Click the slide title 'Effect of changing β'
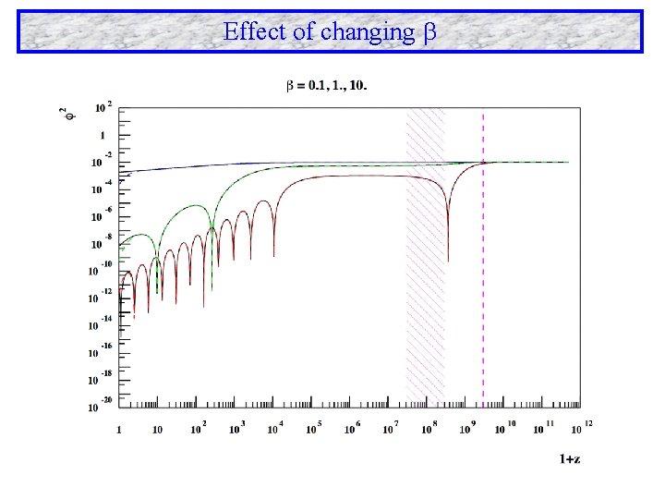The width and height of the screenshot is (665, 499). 329,31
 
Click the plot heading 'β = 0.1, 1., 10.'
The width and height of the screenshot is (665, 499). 326,86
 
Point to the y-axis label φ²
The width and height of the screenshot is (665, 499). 64,116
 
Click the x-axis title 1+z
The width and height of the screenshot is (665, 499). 570,458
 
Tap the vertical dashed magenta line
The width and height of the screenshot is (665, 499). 483,277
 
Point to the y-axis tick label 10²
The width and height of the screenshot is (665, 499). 103,108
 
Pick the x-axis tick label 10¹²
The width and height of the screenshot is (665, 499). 583,427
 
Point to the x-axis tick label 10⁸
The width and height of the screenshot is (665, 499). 429,428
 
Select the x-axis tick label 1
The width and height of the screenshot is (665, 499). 118,430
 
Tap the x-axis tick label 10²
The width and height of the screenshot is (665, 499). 197,428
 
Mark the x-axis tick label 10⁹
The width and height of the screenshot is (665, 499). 467,428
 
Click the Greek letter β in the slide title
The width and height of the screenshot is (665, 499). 428,32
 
